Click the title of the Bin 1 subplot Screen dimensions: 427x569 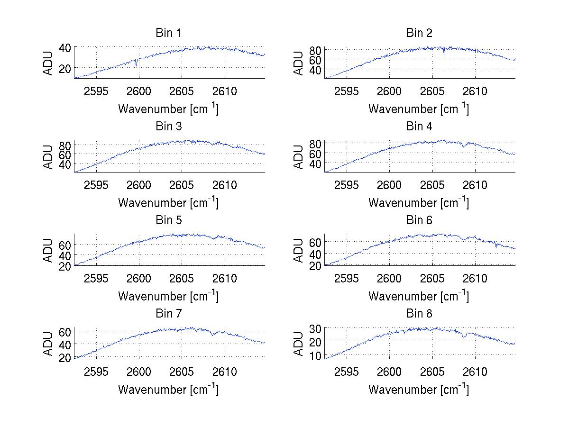(x=168, y=33)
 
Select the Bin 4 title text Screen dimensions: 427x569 (x=419, y=127)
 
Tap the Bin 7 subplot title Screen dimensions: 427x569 (x=168, y=314)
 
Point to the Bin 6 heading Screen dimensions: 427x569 (x=419, y=220)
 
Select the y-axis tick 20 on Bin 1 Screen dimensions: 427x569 (x=65, y=68)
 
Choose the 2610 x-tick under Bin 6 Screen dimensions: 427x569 (x=475, y=278)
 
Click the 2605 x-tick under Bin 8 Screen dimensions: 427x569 (x=432, y=371)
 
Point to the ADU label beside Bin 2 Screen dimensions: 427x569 (x=299, y=63)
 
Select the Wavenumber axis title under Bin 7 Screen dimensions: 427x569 (x=168, y=389)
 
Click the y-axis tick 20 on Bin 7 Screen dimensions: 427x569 (x=65, y=357)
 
